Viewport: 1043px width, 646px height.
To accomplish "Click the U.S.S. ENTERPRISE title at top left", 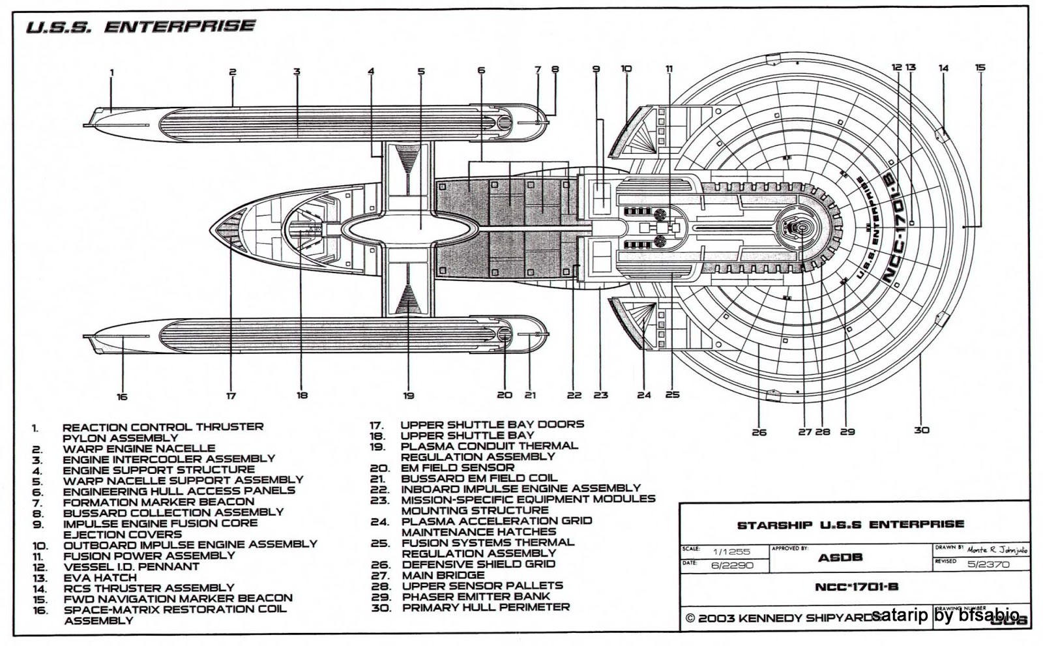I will pos(140,27).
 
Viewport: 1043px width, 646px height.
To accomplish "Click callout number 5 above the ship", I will pos(421,72).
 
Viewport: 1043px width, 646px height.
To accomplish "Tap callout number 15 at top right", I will pos(980,68).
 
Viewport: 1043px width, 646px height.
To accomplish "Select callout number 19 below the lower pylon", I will pos(409,395).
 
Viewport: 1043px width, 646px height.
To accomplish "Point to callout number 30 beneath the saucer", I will pos(921,430).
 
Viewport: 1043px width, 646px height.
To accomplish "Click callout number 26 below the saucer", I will pos(759,432).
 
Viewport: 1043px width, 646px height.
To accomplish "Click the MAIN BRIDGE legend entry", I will pos(443,575).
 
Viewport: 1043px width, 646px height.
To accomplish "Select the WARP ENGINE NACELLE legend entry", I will pos(138,448).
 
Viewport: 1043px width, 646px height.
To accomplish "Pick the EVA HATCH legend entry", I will pos(99,578).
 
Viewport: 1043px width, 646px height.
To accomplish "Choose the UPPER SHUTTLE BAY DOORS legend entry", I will pos(492,424).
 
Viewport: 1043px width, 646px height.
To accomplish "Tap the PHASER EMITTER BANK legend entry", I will pos(476,596).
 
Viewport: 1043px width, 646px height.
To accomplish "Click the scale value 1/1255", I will pos(731,551).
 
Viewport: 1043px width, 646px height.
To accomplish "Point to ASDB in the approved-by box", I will pos(840,557).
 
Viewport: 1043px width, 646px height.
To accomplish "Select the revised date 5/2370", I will pos(988,564).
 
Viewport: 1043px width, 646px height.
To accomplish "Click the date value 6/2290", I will pos(732,565).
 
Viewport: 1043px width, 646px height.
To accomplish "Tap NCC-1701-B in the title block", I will pos(856,587).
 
